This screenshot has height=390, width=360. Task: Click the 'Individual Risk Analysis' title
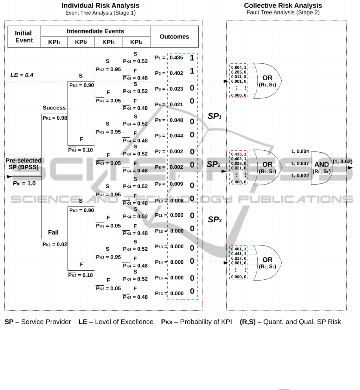click(100, 6)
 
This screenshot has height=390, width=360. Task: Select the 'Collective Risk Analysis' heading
click(283, 6)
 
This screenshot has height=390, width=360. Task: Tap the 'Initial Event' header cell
click(24, 37)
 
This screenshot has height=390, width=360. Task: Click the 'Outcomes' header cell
click(174, 37)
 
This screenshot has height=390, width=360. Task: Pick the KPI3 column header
click(108, 42)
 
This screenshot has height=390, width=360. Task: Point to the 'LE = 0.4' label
click(22, 75)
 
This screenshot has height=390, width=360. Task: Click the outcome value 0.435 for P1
click(176, 57)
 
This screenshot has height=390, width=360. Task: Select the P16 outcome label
click(160, 293)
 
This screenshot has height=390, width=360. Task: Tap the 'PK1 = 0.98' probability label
click(55, 118)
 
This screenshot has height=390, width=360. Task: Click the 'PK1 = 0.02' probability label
click(55, 244)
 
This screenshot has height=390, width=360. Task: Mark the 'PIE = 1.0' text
click(24, 183)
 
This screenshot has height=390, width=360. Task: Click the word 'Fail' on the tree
click(53, 232)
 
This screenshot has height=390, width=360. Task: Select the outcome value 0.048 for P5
click(176, 120)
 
